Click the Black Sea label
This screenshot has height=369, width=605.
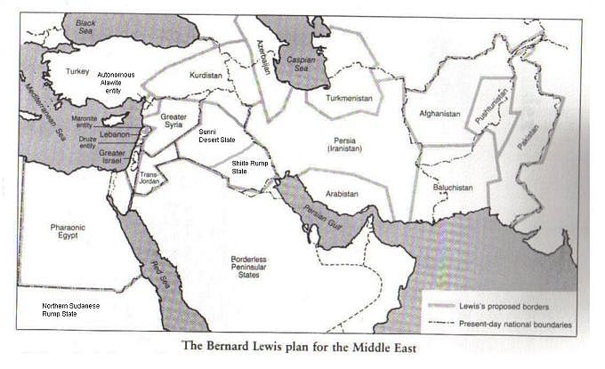[x=85, y=25]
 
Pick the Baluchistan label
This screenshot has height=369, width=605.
[x=467, y=187]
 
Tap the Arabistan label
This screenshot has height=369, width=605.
[x=342, y=193]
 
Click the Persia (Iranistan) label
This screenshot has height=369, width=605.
[x=344, y=145]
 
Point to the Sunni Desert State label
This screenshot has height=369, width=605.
[x=218, y=136]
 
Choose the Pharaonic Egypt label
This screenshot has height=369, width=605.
[x=67, y=234]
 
